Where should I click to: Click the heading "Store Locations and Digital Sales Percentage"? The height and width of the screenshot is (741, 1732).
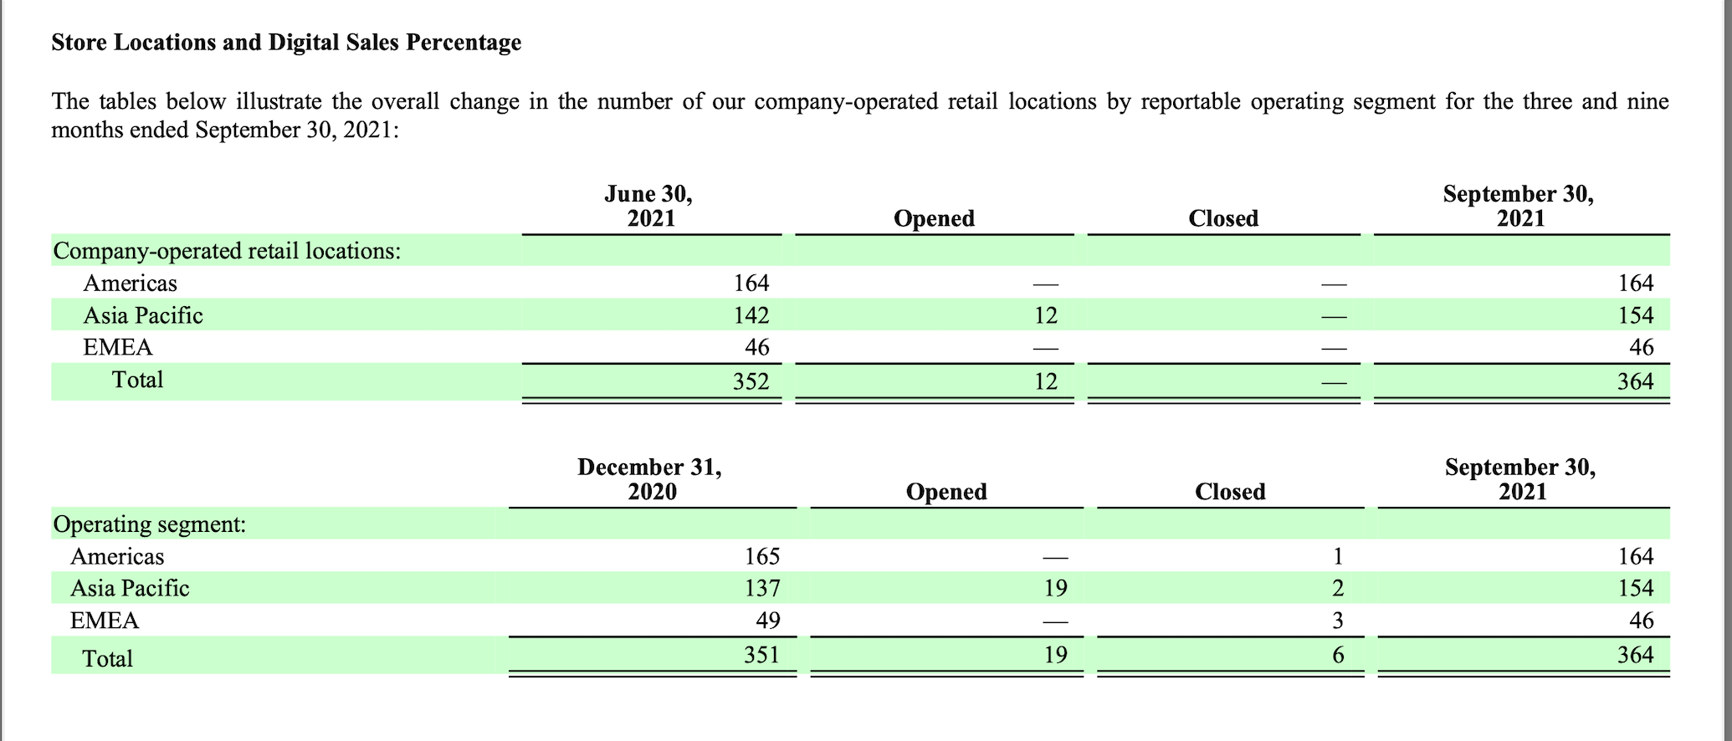[286, 43]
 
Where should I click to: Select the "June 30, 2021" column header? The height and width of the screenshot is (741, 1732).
[649, 206]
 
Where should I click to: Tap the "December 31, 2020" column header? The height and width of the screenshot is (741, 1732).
[650, 478]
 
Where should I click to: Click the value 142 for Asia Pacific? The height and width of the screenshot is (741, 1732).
[751, 315]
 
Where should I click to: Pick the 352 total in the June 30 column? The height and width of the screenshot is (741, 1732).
[751, 381]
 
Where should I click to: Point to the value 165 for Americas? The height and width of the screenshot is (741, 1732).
[761, 556]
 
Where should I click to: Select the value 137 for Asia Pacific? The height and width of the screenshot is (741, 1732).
[761, 588]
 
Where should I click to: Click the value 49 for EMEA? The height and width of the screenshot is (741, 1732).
[767, 621]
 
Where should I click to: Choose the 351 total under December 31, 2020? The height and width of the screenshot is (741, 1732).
[761, 654]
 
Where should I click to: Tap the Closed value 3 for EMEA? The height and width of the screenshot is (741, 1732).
[1337, 621]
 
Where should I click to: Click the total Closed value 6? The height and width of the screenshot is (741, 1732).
[1337, 655]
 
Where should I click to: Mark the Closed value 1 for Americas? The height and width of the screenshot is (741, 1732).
[1337, 556]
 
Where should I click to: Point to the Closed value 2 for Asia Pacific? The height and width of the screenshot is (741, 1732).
[1337, 588]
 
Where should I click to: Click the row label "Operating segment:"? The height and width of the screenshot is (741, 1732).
[150, 524]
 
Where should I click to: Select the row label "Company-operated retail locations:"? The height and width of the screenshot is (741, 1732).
[227, 251]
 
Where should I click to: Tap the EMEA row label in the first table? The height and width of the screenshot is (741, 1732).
[118, 347]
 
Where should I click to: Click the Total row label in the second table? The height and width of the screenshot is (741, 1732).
[107, 659]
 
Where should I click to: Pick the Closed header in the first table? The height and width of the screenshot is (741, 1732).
[1223, 218]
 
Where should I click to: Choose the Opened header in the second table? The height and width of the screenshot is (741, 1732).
[946, 492]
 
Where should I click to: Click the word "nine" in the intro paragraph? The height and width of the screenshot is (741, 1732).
[1647, 102]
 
